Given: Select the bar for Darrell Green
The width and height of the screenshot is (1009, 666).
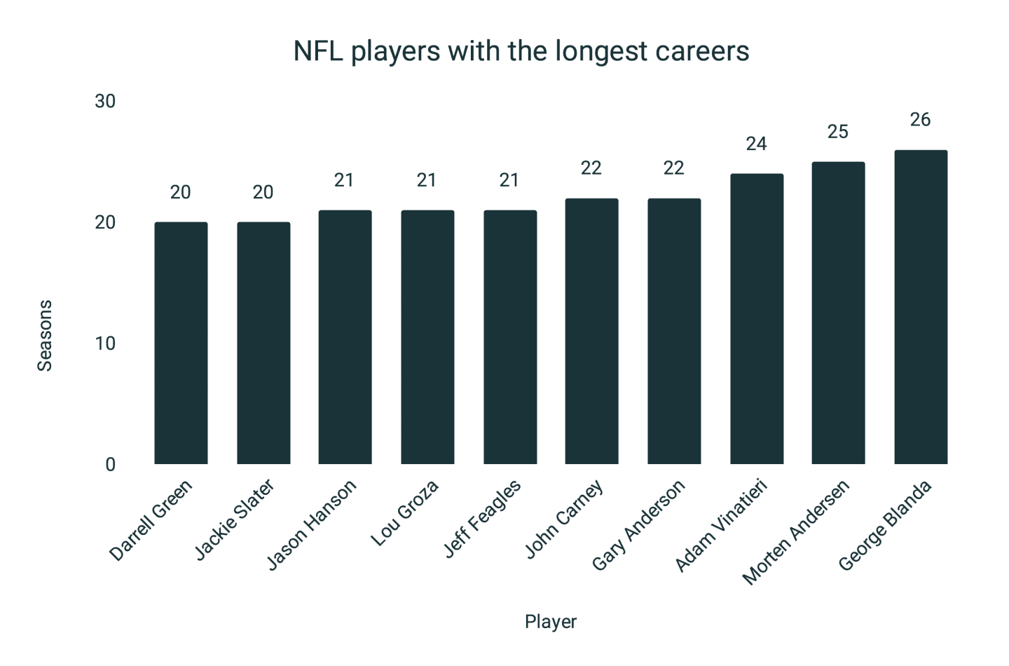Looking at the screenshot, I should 181,343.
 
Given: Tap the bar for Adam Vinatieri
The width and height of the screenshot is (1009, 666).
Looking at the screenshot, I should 757,319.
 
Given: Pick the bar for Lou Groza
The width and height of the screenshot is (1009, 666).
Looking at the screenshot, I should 427,337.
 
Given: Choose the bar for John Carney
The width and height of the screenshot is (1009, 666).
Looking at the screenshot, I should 591,331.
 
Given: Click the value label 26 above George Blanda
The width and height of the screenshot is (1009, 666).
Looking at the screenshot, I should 920,120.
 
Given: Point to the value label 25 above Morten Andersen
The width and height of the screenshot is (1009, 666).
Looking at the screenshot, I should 838,132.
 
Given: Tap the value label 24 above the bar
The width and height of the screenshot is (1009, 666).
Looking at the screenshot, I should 756,144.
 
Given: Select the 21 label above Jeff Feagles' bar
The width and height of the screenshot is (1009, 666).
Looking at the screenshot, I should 509,180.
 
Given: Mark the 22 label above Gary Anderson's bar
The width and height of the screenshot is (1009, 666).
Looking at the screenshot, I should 673,168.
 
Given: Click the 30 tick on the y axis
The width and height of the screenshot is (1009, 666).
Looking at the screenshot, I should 105,102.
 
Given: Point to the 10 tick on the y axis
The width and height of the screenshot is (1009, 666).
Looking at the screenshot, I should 105,344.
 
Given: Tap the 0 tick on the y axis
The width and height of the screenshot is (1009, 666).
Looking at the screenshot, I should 110,465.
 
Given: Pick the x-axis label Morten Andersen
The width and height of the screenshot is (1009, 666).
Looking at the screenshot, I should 796,532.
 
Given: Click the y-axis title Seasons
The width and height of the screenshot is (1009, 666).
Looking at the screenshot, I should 45,336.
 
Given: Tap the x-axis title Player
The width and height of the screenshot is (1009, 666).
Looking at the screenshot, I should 550,622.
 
